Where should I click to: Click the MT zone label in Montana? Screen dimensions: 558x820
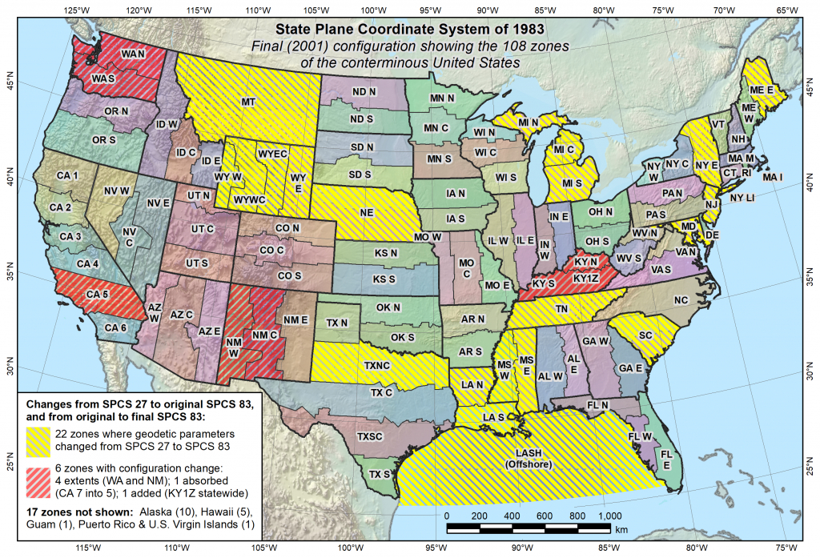248,102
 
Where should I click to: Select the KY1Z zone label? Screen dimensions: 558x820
587,279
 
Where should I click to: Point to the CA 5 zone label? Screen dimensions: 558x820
98,294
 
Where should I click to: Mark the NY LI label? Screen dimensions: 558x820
742,197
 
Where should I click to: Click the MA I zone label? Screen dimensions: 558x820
774,176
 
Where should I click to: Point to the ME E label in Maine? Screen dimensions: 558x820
762,90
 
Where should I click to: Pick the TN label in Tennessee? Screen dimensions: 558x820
562,308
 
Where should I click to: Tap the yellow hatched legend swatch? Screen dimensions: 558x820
41,437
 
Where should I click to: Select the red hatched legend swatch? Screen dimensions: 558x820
41,479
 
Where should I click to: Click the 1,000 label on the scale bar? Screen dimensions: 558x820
609,515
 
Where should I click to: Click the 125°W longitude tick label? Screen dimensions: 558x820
76,10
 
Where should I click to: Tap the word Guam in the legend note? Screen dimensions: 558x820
38,525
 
